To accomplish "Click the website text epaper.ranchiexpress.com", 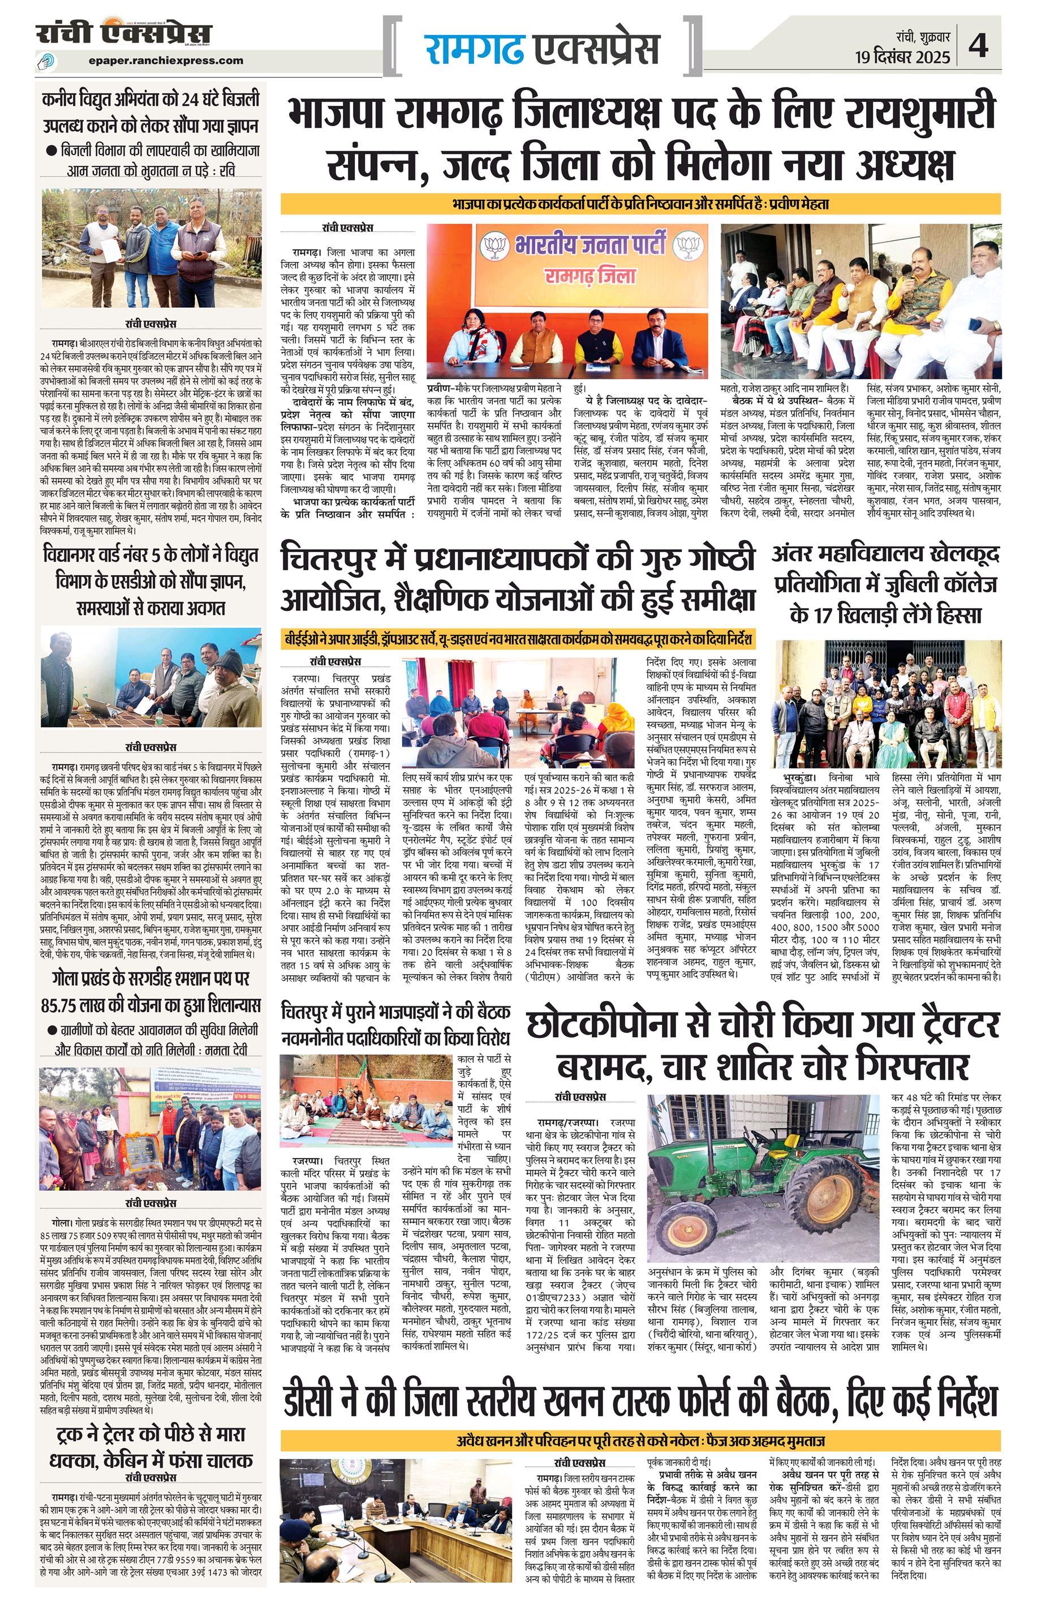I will pyautogui.click(x=166, y=60).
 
